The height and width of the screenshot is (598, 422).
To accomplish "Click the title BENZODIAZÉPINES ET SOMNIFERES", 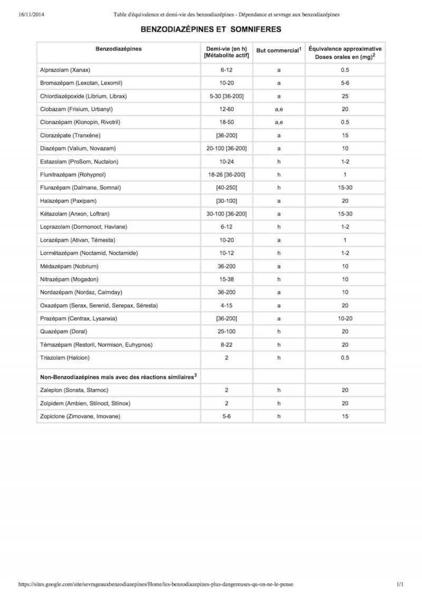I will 210,30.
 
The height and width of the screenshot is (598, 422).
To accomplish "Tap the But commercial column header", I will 278,51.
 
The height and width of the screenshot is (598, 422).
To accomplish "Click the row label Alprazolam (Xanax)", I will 65,70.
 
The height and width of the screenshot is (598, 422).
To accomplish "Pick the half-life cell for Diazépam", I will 226,148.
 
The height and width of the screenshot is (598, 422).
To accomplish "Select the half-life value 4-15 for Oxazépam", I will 226,305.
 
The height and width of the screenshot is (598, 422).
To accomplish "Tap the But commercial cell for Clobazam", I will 279,109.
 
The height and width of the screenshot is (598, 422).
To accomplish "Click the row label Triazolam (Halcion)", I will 65,358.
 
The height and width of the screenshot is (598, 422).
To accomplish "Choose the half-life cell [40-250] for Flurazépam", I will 226,188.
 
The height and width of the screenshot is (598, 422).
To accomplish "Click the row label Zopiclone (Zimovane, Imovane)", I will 80,416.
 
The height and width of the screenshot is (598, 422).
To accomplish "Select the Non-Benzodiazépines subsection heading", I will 118,377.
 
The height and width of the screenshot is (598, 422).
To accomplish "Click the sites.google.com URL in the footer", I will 156,584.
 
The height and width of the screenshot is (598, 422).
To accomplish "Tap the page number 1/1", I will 400,584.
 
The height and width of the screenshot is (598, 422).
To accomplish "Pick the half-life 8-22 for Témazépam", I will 226,344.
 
